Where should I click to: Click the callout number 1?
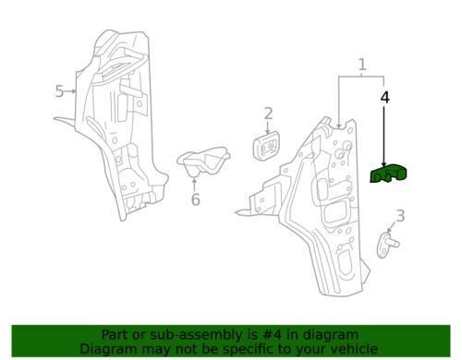[362, 65]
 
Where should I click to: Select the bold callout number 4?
[384, 97]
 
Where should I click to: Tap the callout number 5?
[59, 91]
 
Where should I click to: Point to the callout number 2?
[268, 114]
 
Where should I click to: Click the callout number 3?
[400, 216]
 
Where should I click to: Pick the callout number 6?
[196, 199]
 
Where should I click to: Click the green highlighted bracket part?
[388, 174]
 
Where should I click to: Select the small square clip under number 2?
[267, 145]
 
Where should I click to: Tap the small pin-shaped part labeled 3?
[387, 245]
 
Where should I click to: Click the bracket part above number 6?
[203, 162]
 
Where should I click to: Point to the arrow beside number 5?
[70, 91]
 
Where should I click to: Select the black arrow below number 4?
[383, 137]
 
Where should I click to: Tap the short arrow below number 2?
[268, 127]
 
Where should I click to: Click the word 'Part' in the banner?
[114, 335]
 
